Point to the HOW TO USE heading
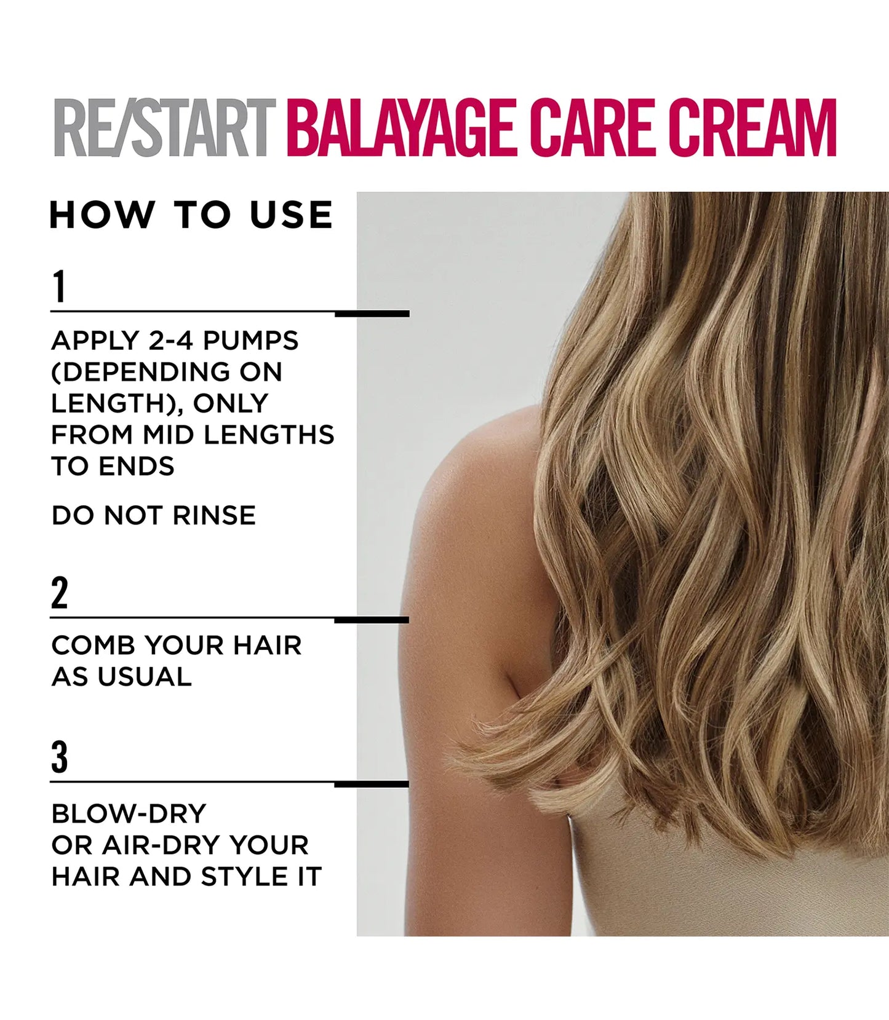[191, 215]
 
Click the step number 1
[59, 287]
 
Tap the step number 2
[59, 593]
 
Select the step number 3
[59, 757]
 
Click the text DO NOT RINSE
[153, 516]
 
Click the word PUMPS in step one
[250, 341]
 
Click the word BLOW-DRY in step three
[129, 814]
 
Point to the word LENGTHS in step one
[269, 435]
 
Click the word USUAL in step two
[145, 678]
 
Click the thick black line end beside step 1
[372, 314]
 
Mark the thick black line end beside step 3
[372, 785]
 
